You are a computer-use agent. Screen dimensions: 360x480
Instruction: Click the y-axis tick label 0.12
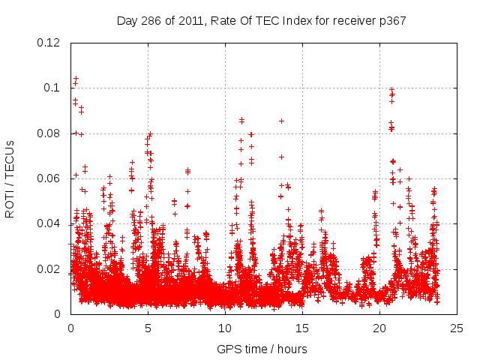(x=49, y=43)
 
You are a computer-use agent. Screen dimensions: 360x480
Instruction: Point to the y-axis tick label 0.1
(x=52, y=88)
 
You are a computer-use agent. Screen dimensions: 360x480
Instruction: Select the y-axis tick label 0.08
(x=49, y=133)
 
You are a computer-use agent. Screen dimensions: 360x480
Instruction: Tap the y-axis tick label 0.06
(x=49, y=178)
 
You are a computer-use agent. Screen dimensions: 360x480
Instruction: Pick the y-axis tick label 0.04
(x=49, y=223)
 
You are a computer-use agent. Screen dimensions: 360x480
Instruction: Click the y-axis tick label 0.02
(x=49, y=268)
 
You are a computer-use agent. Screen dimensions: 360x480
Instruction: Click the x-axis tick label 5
(x=148, y=328)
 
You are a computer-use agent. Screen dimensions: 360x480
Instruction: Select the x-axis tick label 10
(x=225, y=328)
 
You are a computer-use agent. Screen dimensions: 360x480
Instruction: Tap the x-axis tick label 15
(x=302, y=328)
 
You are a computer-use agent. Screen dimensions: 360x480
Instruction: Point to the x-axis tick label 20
(x=379, y=328)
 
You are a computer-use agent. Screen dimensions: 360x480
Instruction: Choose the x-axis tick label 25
(x=457, y=328)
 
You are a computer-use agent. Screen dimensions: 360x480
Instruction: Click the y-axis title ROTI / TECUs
(x=10, y=178)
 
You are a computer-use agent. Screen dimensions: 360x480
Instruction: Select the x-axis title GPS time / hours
(x=262, y=349)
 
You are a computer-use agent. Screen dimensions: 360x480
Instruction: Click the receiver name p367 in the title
(x=391, y=20)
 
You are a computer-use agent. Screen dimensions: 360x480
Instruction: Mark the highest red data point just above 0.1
(x=76, y=78)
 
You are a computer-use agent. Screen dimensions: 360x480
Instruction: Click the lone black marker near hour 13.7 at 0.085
(x=281, y=121)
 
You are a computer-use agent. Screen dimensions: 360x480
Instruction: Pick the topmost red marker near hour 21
(x=391, y=90)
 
